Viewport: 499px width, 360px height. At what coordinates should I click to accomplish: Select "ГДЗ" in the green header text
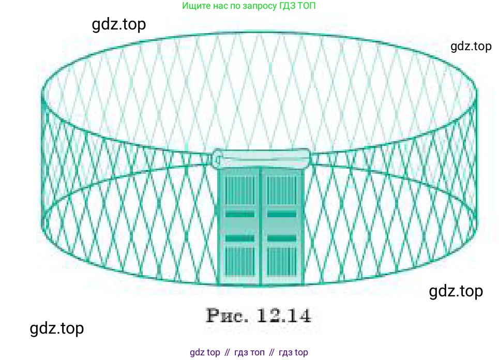288,5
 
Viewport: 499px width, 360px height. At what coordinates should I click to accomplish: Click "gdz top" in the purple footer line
205,352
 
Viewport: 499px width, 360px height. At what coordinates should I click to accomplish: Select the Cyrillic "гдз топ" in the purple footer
249,353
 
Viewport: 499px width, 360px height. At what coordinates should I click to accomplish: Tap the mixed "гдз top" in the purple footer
293,353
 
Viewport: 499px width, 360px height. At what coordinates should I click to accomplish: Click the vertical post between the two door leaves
261,226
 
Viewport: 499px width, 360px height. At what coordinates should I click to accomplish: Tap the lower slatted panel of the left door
240,261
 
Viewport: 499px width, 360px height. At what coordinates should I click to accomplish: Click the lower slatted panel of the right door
282,261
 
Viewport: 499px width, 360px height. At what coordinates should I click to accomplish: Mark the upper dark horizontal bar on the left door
240,214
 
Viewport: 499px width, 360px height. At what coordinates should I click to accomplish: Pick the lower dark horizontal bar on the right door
282,238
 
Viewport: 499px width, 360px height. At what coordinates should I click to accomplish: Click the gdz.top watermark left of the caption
57,328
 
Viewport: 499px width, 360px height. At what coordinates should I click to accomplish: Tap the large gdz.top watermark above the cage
119,24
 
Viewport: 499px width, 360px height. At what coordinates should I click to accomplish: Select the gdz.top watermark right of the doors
456,291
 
